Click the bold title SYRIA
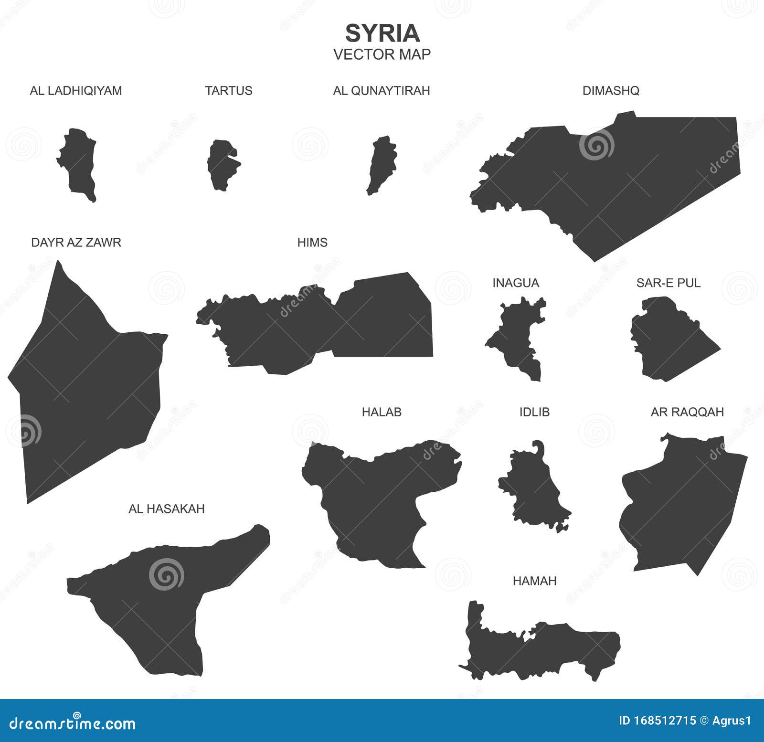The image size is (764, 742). point(382,33)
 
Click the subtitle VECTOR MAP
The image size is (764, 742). point(382,54)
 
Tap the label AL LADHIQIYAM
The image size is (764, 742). point(76,91)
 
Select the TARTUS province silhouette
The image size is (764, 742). point(223,165)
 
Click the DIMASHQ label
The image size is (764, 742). point(611,91)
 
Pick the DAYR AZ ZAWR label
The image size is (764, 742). point(76,243)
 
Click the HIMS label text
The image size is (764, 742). point(312,243)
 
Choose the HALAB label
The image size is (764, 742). point(382,412)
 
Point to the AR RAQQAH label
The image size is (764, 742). point(687,412)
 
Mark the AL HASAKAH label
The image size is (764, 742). point(167,509)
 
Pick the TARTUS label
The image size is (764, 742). point(229,91)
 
